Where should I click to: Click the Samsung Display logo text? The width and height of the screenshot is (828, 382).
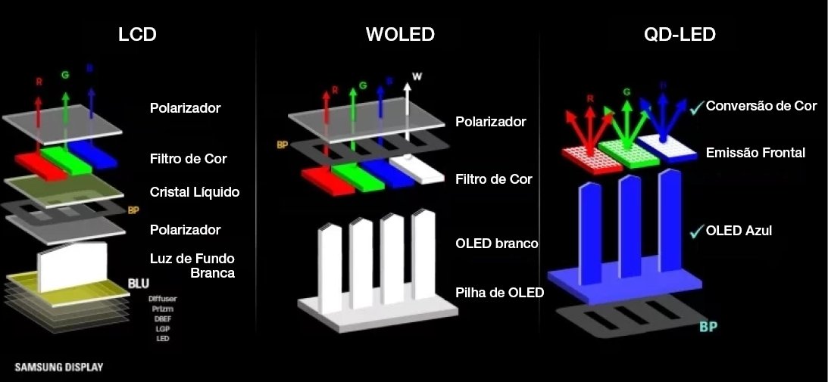point(59,368)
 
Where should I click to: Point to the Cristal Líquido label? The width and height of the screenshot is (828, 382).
point(195,192)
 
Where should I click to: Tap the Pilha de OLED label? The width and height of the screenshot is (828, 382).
point(500,292)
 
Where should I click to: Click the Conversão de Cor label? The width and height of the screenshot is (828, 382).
point(761,106)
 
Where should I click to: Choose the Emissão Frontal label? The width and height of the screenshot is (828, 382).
point(755,153)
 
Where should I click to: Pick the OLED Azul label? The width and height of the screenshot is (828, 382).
point(739,230)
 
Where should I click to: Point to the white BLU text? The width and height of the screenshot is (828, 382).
point(139,284)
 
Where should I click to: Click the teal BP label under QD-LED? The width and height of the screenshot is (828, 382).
point(708,327)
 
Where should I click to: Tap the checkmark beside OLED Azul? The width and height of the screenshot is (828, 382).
point(696,231)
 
